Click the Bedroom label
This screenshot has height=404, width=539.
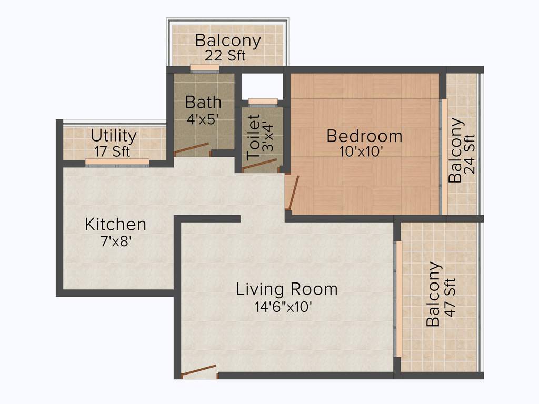pyautogui.click(x=364, y=136)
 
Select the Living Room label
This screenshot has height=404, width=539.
pyautogui.click(x=286, y=289)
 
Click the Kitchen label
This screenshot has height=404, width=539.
pyautogui.click(x=115, y=225)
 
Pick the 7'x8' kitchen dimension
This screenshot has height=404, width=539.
pyautogui.click(x=116, y=241)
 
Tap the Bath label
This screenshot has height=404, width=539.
pyautogui.click(x=203, y=102)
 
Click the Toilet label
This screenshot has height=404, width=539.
pyautogui.click(x=254, y=138)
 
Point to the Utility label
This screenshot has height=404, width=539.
pyautogui.click(x=114, y=136)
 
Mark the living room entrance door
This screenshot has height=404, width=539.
pyautogui.click(x=198, y=370)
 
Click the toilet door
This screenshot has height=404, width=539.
pyautogui.click(x=259, y=165)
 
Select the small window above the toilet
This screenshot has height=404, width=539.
pyautogui.click(x=263, y=102)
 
